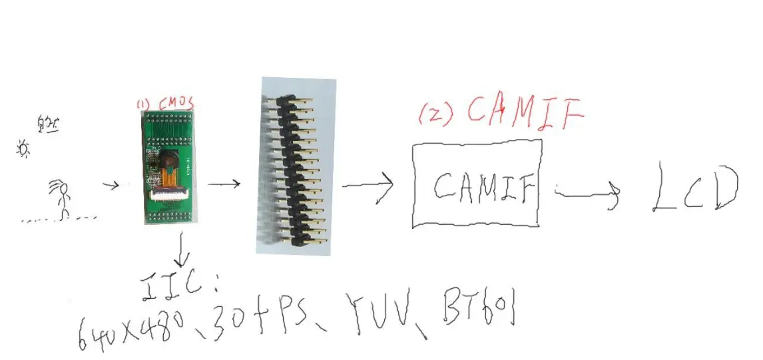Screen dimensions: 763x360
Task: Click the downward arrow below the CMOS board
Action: pos(182,252)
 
